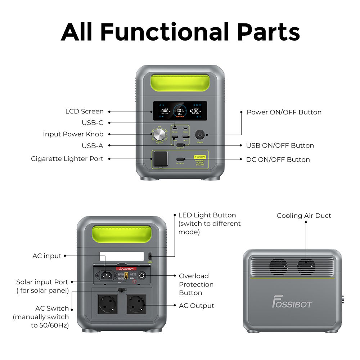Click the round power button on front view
click(x=200, y=135)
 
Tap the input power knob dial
click(x=159, y=135)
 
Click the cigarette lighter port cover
click(x=160, y=159)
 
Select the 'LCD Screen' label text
click(x=84, y=112)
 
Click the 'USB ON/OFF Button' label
click(x=280, y=145)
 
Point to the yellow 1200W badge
click(x=200, y=157)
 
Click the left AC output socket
click(x=107, y=304)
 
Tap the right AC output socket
click(x=136, y=304)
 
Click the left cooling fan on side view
click(x=278, y=266)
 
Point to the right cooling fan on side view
click(x=306, y=266)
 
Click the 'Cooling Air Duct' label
click(x=304, y=216)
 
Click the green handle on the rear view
click(x=122, y=234)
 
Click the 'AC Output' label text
click(x=196, y=306)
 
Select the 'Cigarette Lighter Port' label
click(x=67, y=159)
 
